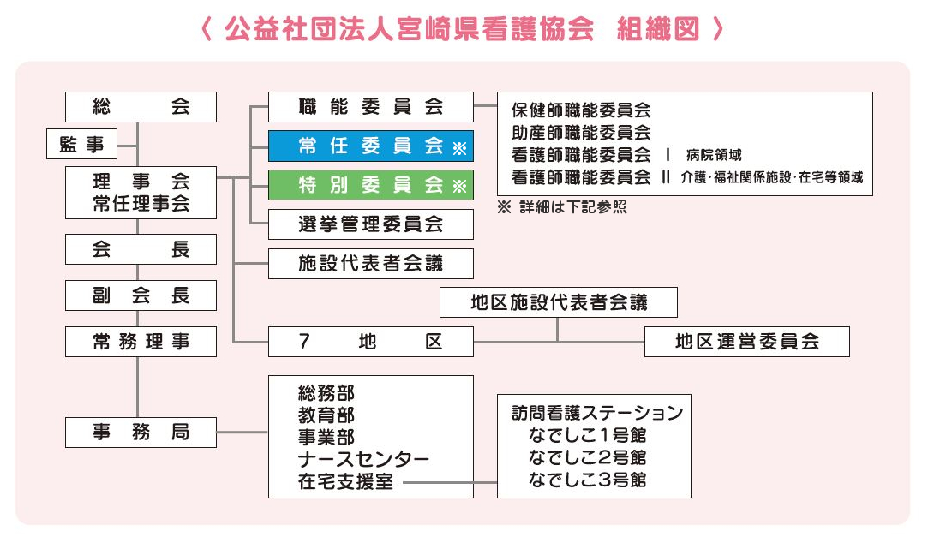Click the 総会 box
click(141, 107)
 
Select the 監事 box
click(81, 146)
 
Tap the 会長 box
click(141, 250)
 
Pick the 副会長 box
click(141, 295)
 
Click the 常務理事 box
click(141, 342)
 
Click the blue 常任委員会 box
click(370, 146)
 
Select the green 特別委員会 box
click(370, 185)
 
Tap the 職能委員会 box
click(370, 107)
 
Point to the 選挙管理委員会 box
click(370, 224)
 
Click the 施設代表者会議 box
click(370, 264)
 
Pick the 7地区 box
click(370, 342)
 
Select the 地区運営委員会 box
click(746, 342)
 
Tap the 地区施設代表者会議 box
click(559, 302)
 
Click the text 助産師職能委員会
click(581, 133)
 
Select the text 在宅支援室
click(345, 481)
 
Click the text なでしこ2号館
click(588, 457)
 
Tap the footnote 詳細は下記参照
click(572, 208)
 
